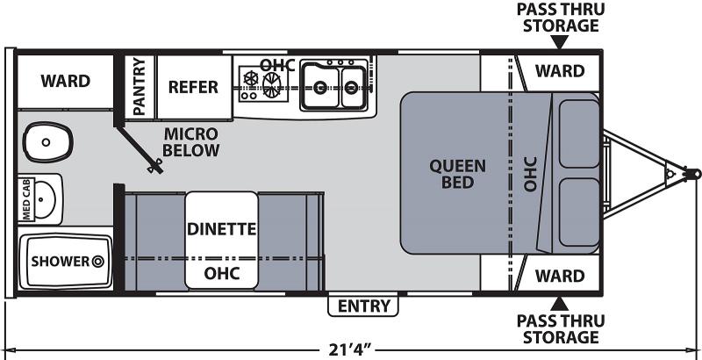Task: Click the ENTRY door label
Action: pyautogui.click(x=363, y=305)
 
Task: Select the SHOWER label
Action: pyautogui.click(x=61, y=261)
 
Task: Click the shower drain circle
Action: pyautogui.click(x=98, y=261)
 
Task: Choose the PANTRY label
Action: pyautogui.click(x=139, y=86)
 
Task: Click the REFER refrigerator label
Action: pyautogui.click(x=193, y=86)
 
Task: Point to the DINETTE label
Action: pyautogui.click(x=220, y=229)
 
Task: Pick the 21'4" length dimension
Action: pyautogui.click(x=348, y=349)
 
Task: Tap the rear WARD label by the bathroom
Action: pyautogui.click(x=65, y=81)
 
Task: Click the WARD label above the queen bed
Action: pyautogui.click(x=559, y=69)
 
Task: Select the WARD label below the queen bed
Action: pyautogui.click(x=559, y=276)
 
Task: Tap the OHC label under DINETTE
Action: pyautogui.click(x=220, y=272)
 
